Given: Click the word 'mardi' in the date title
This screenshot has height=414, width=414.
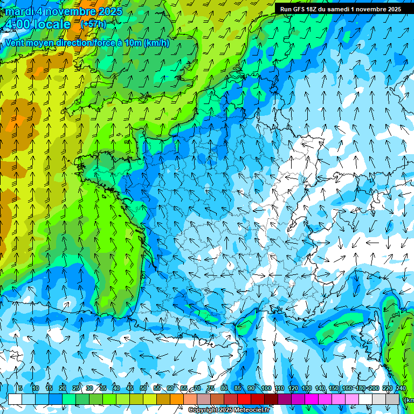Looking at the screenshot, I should coord(18,11).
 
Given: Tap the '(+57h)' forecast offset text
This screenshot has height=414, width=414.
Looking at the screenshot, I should coord(93,24).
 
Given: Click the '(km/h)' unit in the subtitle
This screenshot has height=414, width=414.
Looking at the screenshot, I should coord(157,43).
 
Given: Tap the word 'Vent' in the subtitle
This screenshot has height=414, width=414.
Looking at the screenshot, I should coord(15,43).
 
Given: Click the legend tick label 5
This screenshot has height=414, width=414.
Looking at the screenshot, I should coord(20,388).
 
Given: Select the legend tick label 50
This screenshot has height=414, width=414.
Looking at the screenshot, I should coord(143,388).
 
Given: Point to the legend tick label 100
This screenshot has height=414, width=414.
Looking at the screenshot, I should coord(266,388).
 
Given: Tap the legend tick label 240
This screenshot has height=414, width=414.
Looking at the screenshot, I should coord(401,388).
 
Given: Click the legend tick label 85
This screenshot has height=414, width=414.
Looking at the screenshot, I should coord(238,388).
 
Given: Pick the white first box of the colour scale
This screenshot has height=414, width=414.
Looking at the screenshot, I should coord(15,399).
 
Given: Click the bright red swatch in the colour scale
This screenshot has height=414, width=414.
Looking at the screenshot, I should coord(244,399).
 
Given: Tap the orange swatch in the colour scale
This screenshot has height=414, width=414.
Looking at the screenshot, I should coord(177,399).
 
